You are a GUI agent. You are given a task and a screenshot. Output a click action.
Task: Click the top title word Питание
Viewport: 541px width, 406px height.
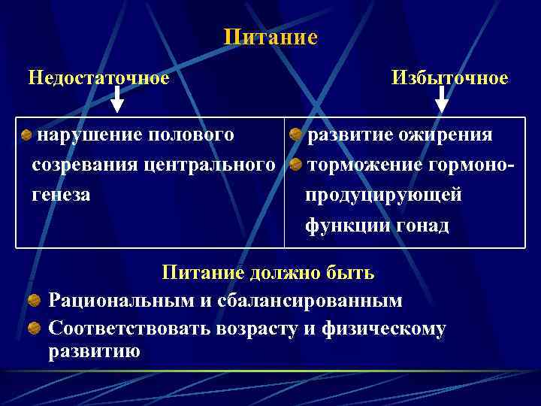(x=270, y=38)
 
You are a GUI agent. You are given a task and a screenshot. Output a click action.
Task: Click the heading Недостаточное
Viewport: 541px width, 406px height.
(x=98, y=77)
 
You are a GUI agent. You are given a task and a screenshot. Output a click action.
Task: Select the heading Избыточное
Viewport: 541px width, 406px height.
(x=449, y=78)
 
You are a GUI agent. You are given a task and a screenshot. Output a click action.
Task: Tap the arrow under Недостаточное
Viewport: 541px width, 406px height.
(x=117, y=98)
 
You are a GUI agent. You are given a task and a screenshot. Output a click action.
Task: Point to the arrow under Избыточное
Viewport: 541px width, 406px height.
(x=443, y=98)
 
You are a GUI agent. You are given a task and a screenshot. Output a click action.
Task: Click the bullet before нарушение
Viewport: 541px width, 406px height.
(x=26, y=136)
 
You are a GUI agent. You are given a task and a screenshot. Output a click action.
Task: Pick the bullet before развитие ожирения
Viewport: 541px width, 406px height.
(x=296, y=136)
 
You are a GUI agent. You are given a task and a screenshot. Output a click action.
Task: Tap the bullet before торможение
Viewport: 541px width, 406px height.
(x=296, y=165)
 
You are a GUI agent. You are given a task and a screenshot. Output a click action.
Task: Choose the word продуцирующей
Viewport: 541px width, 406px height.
(x=383, y=195)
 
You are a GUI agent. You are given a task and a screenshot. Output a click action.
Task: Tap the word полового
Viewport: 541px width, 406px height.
(x=192, y=135)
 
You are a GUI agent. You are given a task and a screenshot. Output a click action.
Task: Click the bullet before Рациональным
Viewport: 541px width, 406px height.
(x=35, y=301)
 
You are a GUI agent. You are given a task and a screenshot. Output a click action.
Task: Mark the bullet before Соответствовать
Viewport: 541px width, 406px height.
(x=35, y=329)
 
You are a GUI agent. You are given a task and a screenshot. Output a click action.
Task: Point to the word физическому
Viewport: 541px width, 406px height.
(x=383, y=329)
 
